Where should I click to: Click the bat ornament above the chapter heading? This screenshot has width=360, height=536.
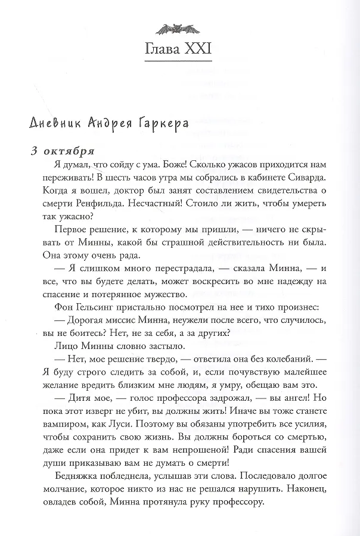[x=179, y=27]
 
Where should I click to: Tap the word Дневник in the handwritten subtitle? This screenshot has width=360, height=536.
[x=56, y=123]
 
